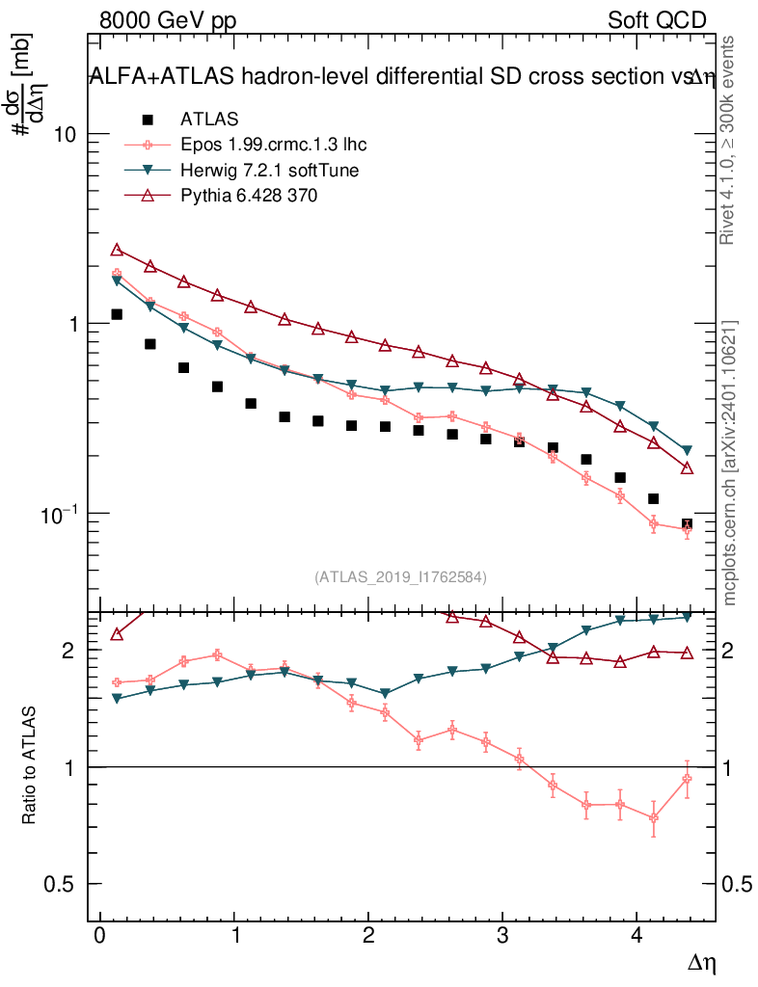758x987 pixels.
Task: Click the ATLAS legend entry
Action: click(x=209, y=120)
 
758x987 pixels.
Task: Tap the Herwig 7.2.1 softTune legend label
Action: click(x=270, y=170)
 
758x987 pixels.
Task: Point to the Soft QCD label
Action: click(x=657, y=20)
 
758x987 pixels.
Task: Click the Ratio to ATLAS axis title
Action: click(x=30, y=764)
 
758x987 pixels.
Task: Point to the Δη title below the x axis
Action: click(x=702, y=962)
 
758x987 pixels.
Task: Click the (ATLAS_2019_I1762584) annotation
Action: click(x=400, y=576)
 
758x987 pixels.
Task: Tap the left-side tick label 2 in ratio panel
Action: click(x=68, y=651)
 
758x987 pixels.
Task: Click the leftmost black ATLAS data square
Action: click(x=117, y=314)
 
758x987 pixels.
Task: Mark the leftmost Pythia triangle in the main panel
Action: click(x=117, y=250)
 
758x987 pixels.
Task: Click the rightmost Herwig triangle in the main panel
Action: click(x=687, y=450)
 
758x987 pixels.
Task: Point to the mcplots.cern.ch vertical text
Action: click(x=730, y=463)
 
